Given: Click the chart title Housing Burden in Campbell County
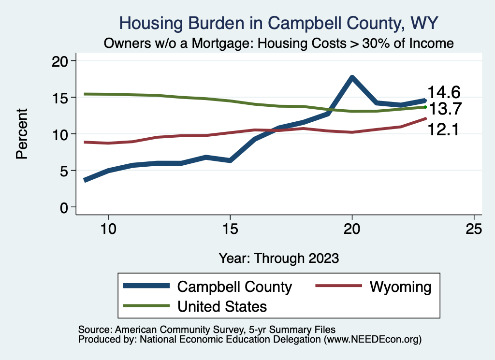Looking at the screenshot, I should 279,23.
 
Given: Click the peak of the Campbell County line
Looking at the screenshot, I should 352,77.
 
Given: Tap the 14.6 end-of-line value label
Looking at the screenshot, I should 443,92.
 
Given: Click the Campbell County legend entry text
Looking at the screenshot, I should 234,287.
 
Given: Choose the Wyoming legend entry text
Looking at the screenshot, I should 400,287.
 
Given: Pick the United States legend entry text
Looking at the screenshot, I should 222,306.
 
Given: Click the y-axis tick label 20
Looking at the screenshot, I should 62,61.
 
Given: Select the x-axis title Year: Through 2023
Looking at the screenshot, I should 278,258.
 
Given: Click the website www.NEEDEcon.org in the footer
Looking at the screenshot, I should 372,340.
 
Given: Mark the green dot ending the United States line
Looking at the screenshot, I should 425,107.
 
